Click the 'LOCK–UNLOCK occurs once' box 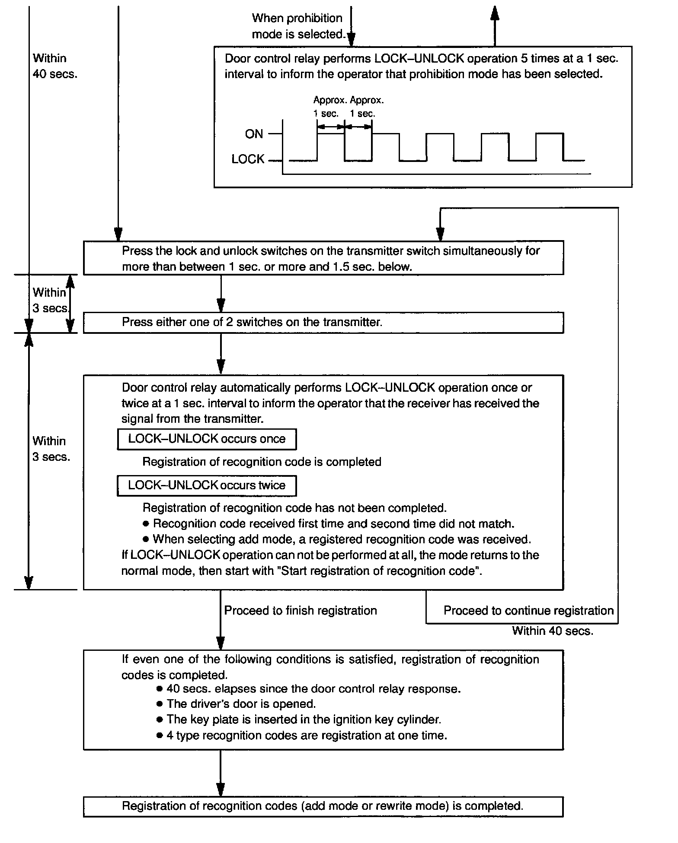tap(207, 439)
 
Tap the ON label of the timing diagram tap(254, 134)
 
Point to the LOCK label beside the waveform tap(248, 159)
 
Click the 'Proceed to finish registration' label tap(301, 610)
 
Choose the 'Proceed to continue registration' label tap(528, 610)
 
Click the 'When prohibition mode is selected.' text tap(298, 26)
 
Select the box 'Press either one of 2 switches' tap(323, 322)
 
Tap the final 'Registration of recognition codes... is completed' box tap(323, 806)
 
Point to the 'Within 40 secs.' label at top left tap(55, 66)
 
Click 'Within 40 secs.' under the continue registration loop tap(553, 631)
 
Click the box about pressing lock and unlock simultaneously tap(323, 258)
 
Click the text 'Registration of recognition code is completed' tap(262, 462)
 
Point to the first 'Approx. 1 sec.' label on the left tap(329, 107)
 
